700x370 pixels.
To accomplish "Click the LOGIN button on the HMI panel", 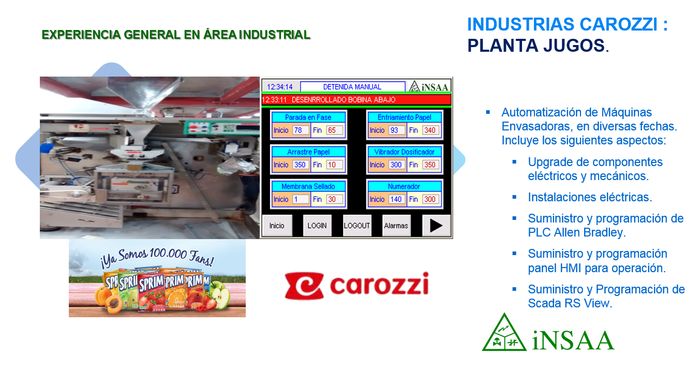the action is point(317,225).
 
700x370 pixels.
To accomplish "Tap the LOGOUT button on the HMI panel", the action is point(357,225).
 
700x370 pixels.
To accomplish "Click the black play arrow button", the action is point(436,225).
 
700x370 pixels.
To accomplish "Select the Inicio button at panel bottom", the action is point(277,225).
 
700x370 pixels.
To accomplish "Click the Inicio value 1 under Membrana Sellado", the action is point(301,199).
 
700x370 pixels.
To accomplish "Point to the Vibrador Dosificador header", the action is point(405,152).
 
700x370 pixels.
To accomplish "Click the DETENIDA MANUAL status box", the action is point(352,86).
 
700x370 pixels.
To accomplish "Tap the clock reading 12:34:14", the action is point(280,87).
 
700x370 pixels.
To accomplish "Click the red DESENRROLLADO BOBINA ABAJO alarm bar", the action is point(356,100).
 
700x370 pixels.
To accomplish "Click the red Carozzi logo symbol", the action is point(304,286).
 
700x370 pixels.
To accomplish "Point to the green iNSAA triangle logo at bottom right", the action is point(504,333).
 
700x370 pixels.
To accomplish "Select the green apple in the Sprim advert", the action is point(220,294).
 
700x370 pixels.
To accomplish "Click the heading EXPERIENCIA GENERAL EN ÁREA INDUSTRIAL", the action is point(176,35).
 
